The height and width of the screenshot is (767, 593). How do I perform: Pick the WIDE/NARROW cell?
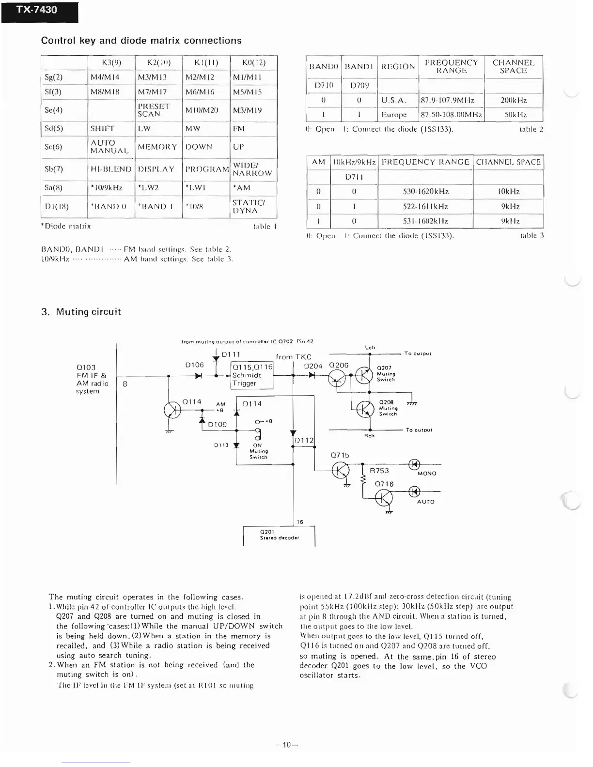[252, 169]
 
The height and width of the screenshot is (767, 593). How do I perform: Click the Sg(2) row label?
[53, 77]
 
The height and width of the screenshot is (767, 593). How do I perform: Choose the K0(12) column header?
[254, 62]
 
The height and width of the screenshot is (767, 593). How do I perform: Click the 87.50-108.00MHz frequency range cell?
[451, 115]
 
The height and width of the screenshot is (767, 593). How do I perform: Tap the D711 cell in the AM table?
[354, 177]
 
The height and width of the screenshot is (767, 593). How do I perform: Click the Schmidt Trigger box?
[252, 375]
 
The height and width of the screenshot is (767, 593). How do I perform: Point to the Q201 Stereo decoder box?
[279, 535]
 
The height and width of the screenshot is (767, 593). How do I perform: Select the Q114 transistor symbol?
[172, 410]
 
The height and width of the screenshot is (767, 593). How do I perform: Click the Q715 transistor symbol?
[341, 470]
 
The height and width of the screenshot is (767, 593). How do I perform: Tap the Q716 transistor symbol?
[384, 498]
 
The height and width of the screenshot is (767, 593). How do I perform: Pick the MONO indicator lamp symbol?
[414, 464]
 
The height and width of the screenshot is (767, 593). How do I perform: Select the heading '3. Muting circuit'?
[81, 312]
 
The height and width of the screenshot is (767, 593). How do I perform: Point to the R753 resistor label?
[379, 471]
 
